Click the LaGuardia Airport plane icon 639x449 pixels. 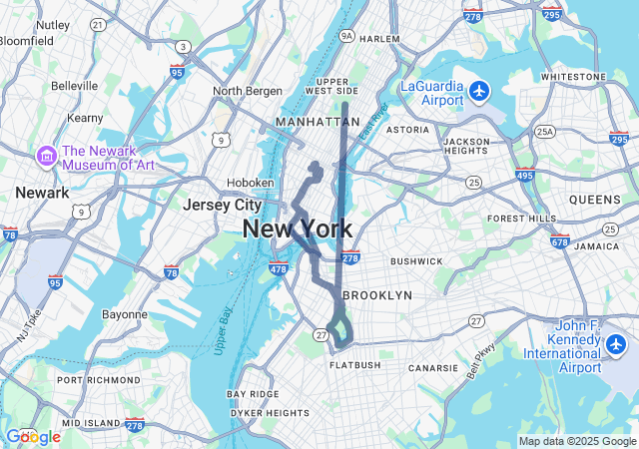pyautogui.click(x=480, y=92)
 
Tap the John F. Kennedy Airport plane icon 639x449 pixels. pyautogui.click(x=616, y=345)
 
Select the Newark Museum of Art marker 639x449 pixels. pyautogui.click(x=46, y=157)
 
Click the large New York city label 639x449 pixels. pyautogui.click(x=297, y=228)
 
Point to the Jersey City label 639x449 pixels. pyautogui.click(x=222, y=205)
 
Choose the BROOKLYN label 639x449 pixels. pyautogui.click(x=377, y=295)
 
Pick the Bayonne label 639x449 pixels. pyautogui.click(x=126, y=314)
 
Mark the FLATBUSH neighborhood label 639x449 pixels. pyautogui.click(x=355, y=365)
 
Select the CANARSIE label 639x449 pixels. pyautogui.click(x=432, y=368)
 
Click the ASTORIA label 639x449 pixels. pyautogui.click(x=406, y=130)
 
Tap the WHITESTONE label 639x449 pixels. pyautogui.click(x=572, y=77)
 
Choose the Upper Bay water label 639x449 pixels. pyautogui.click(x=223, y=330)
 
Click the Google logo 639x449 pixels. pyautogui.click(x=33, y=437)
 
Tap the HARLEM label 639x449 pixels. pyautogui.click(x=379, y=39)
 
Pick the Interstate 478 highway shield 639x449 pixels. pyautogui.click(x=279, y=268)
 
